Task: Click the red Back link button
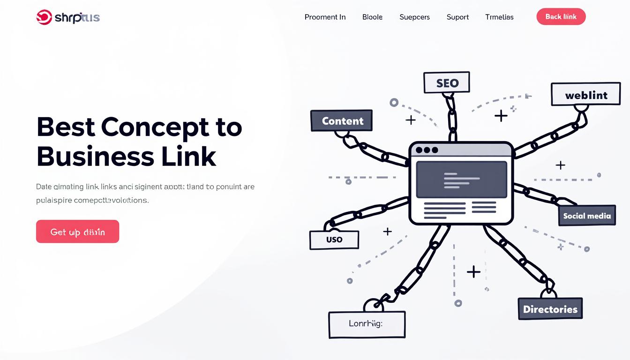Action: pyautogui.click(x=561, y=17)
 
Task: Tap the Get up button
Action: pyautogui.click(x=77, y=232)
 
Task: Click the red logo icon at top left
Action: pyautogui.click(x=44, y=17)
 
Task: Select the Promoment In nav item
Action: pyautogui.click(x=325, y=17)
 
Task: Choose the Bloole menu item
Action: pyautogui.click(x=372, y=17)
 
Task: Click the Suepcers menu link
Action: pyautogui.click(x=414, y=17)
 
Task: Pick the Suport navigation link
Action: pyautogui.click(x=457, y=17)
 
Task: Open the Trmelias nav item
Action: pyautogui.click(x=499, y=17)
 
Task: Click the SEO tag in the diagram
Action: pyautogui.click(x=447, y=83)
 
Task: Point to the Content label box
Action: pyautogui.click(x=342, y=120)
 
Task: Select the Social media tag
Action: pyautogui.click(x=587, y=216)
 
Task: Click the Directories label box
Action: pyautogui.click(x=550, y=309)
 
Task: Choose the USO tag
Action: pyautogui.click(x=334, y=239)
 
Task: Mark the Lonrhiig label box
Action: pyautogui.click(x=367, y=324)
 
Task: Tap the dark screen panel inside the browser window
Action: pyautogui.click(x=461, y=180)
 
